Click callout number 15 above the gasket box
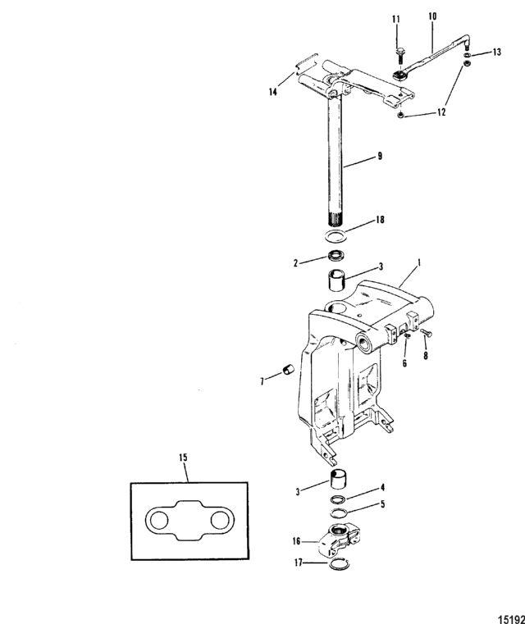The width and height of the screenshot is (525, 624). pos(183,458)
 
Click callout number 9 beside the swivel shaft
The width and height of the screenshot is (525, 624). pos(380,156)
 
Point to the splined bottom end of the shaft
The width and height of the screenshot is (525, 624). pos(336,219)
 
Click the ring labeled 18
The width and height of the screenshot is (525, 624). pos(336,236)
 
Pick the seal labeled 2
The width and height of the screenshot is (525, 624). pos(336,255)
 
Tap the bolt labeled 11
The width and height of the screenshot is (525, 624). pos(399,55)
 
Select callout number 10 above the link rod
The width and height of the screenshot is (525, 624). pos(432,16)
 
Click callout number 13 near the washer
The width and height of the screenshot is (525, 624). pos(497,52)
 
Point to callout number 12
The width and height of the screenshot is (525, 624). pos(441,112)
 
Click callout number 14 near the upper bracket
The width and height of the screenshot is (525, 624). pos(272,92)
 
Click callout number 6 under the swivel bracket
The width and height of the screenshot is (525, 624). pos(404,363)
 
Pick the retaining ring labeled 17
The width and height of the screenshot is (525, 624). pos(339,564)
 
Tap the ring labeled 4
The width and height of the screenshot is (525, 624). pos(337,499)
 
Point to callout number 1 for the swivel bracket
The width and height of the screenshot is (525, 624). pos(418,263)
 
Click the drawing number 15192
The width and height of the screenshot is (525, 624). pos(511,619)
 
